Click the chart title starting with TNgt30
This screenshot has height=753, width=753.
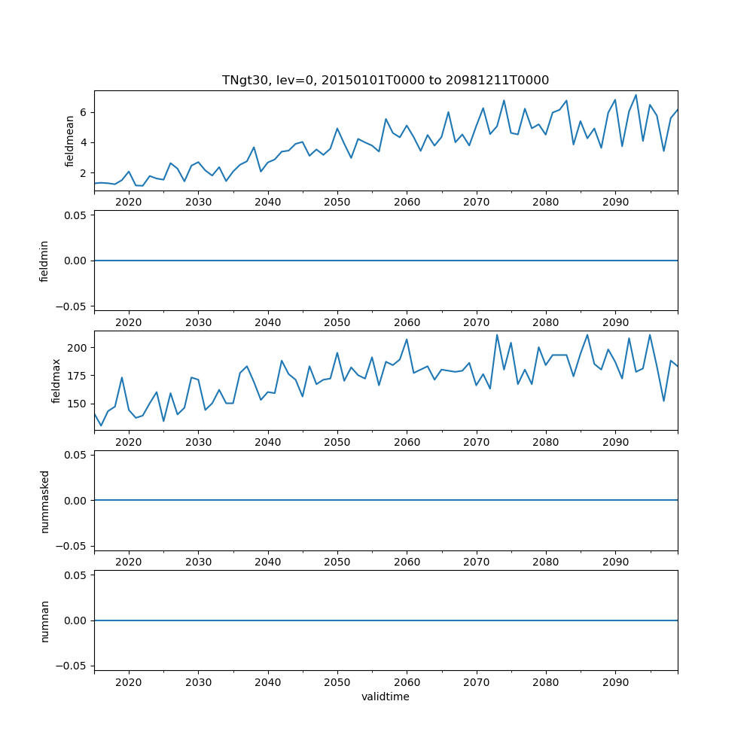point(385,80)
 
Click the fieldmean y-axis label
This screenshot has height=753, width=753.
point(69,141)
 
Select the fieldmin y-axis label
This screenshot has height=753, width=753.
point(44,261)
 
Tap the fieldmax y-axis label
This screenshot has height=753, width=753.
point(56,380)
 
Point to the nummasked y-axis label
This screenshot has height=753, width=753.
point(44,500)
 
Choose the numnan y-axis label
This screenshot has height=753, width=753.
point(44,620)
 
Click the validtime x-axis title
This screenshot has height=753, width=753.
point(385,697)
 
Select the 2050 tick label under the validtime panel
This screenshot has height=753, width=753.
point(337,682)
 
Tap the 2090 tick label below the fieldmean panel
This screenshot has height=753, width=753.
point(615,203)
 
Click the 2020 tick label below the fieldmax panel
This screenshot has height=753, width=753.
point(129,442)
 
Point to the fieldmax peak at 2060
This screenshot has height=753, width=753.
point(407,339)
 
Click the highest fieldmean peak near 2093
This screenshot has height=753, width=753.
point(636,95)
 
